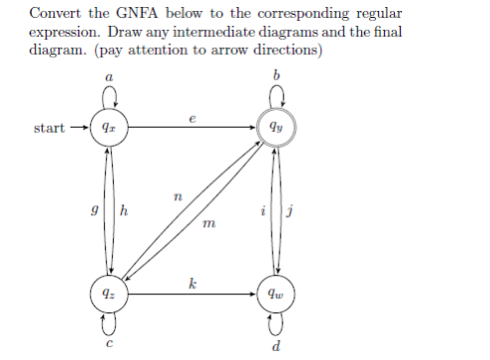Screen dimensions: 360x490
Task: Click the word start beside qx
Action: coord(50,128)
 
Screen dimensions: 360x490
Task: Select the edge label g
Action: coord(92,210)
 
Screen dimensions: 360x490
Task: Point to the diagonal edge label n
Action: coord(178,197)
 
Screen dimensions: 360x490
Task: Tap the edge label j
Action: coord(292,210)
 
